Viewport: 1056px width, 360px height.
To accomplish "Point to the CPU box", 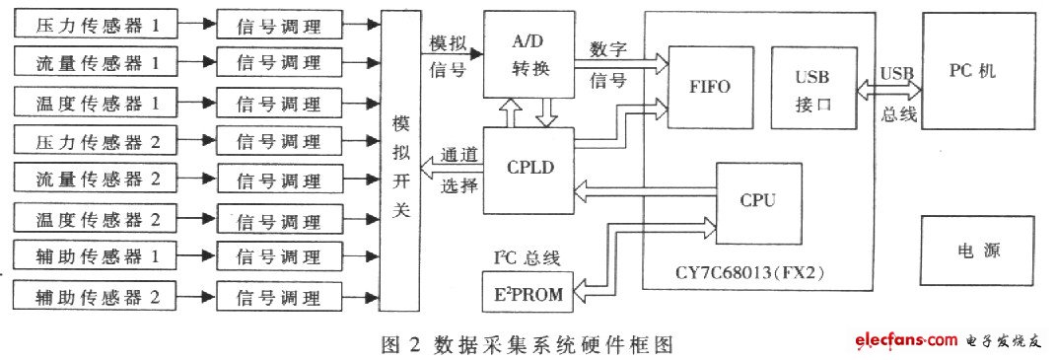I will click(758, 199).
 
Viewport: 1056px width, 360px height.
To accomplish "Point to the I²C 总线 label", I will click(527, 258).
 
